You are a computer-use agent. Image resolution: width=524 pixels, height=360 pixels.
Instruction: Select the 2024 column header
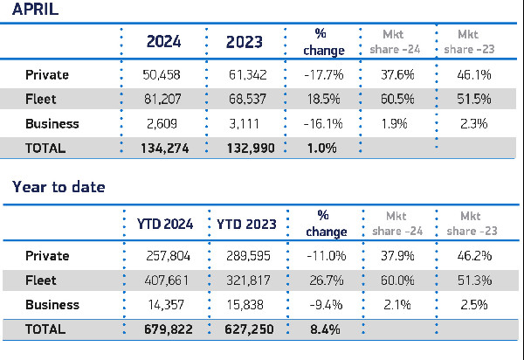click(x=164, y=41)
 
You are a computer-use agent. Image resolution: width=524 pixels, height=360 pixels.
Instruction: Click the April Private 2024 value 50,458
click(x=164, y=75)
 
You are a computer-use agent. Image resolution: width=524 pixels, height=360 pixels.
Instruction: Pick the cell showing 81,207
click(x=164, y=99)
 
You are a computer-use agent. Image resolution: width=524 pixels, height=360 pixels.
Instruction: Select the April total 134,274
click(x=164, y=148)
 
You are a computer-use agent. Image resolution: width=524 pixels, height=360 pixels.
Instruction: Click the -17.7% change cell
click(x=327, y=75)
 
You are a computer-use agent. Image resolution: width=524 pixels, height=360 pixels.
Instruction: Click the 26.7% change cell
click(x=327, y=280)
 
